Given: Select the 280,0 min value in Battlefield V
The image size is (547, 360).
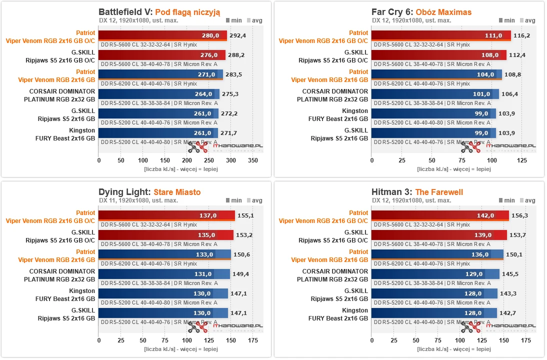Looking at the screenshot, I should pos(210,35).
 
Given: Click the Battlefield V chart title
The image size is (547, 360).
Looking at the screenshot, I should pos(159,12).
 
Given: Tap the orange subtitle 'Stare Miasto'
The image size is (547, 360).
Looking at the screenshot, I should pos(177,191).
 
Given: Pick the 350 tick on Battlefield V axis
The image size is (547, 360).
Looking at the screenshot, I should pos(253,160).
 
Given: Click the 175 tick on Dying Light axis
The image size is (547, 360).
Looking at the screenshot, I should pos(253,340).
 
